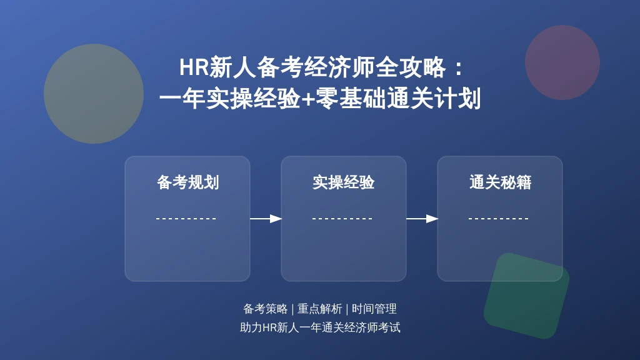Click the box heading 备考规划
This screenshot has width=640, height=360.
click(x=187, y=182)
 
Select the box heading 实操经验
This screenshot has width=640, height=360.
click(x=344, y=182)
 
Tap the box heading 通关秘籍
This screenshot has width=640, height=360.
click(x=500, y=182)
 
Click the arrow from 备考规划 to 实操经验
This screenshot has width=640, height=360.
click(x=266, y=219)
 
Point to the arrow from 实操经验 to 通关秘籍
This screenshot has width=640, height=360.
click(x=422, y=219)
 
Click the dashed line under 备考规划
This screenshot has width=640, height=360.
click(x=186, y=219)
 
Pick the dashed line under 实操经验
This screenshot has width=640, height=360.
click(x=342, y=219)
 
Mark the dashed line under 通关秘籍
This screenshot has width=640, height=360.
click(x=499, y=219)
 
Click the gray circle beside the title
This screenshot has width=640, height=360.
click(x=94, y=94)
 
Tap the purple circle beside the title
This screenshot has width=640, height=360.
click(x=562, y=62)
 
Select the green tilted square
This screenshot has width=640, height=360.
click(x=526, y=296)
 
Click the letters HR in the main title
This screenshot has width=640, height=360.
click(x=194, y=67)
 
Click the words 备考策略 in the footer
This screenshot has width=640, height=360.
click(x=265, y=309)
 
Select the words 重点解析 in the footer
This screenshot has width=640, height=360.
click(x=319, y=309)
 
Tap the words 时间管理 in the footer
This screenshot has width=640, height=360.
click(x=374, y=309)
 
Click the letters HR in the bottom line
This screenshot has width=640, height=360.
click(x=269, y=327)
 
